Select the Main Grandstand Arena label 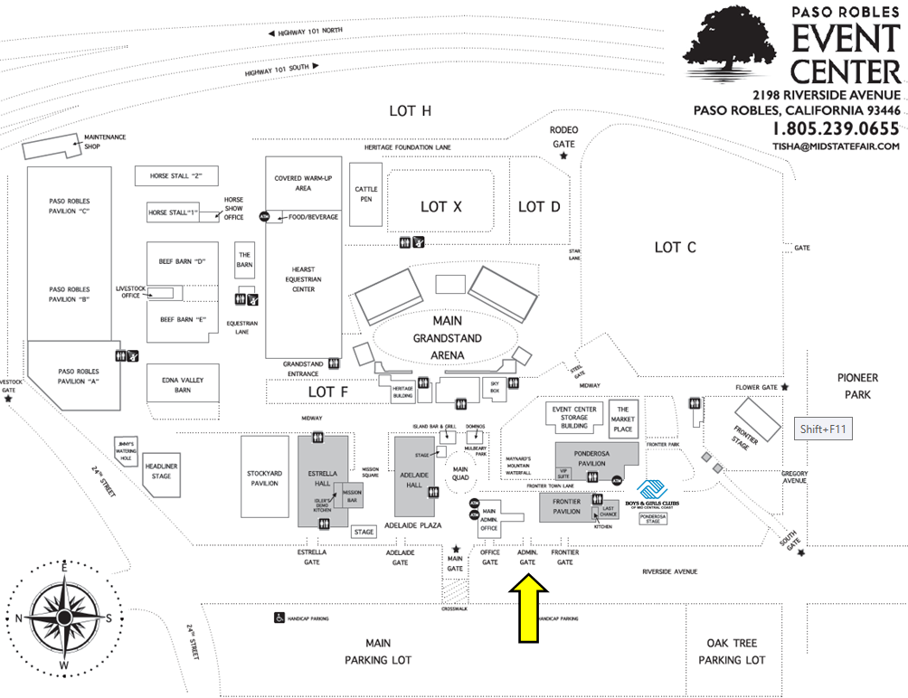pos(447,338)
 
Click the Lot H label pos(410,110)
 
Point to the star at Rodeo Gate pos(563,156)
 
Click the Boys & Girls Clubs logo pos(652,494)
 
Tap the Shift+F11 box pos(821,429)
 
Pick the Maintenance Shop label pos(104,142)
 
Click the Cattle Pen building pos(366,194)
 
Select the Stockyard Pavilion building pos(264,477)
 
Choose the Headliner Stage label pos(162,471)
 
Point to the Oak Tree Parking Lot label pos(732,651)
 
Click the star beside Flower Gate pos(784,387)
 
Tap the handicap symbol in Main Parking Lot pos(279,618)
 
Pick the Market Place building pos(622,417)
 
